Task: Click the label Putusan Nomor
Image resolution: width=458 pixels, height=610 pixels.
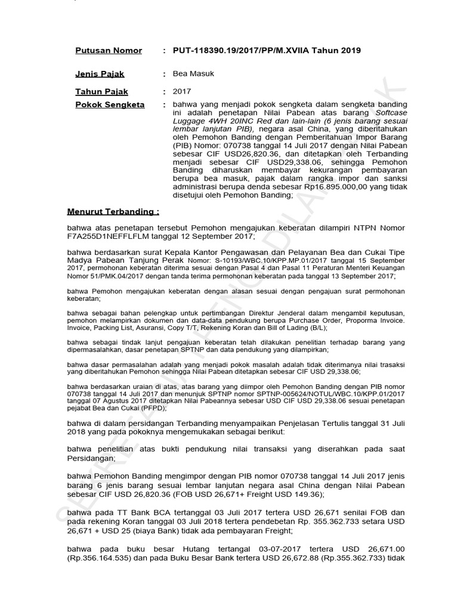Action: [109, 51]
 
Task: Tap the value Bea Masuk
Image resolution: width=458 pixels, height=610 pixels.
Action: [193, 74]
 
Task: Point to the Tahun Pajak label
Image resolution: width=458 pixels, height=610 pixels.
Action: [101, 92]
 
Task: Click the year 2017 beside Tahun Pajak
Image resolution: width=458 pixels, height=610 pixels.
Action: [182, 92]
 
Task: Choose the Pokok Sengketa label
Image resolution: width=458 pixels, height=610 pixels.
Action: [110, 104]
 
